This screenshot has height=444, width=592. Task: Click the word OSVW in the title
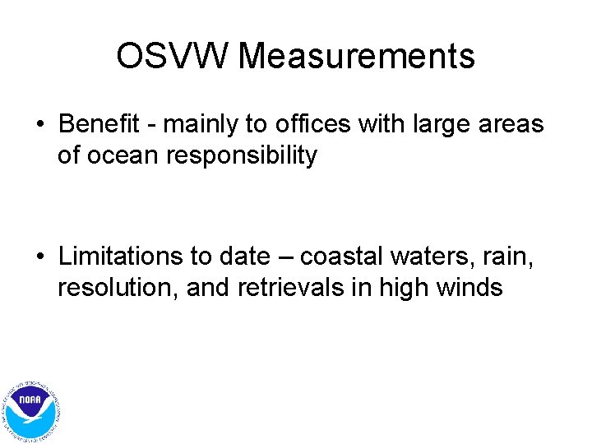pyautogui.click(x=173, y=57)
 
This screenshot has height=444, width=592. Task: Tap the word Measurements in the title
pyautogui.click(x=358, y=57)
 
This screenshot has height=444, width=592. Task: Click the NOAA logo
pyautogui.click(x=31, y=409)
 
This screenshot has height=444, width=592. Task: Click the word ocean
pyautogui.click(x=123, y=155)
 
